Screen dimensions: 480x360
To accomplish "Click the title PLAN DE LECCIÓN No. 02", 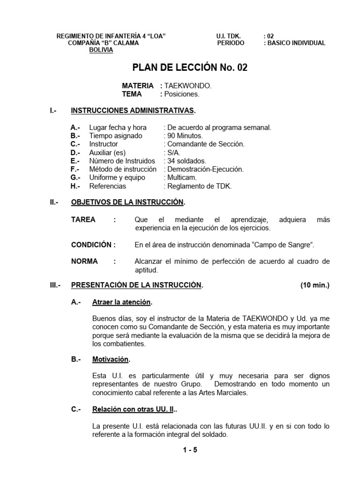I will click(190, 68).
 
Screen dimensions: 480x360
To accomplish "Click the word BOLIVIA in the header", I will click(101, 50).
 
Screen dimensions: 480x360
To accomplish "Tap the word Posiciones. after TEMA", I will click(181, 94).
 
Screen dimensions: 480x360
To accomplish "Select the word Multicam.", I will click(181, 178).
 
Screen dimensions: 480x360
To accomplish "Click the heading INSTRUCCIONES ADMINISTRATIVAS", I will click(133, 111).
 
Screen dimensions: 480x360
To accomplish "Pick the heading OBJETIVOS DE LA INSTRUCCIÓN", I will click(127, 202).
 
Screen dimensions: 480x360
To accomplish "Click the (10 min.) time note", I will click(315, 285).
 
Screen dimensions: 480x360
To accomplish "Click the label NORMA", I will click(84, 262).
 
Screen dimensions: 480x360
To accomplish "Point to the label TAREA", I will click(83, 219).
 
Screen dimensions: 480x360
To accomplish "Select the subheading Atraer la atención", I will click(122, 302).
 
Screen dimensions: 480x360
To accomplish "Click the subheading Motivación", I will click(111, 359).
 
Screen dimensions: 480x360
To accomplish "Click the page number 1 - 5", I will click(190, 450).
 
